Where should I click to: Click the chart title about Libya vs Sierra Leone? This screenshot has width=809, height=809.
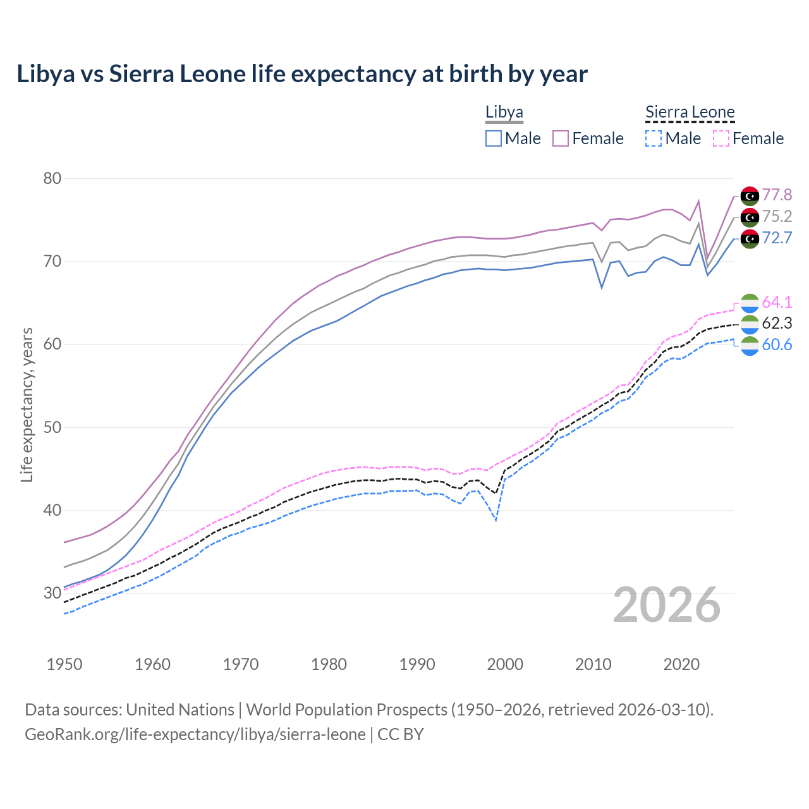(302, 74)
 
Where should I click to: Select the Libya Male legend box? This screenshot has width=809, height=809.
(494, 138)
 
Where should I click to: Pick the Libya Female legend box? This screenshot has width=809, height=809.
(561, 138)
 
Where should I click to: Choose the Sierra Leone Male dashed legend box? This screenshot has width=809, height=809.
(654, 138)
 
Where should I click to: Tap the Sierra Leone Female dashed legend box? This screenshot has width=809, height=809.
(721, 138)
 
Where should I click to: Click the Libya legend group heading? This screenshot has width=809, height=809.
(504, 113)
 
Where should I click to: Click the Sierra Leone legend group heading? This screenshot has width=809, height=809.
(690, 113)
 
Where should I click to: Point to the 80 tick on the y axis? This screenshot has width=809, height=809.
(52, 179)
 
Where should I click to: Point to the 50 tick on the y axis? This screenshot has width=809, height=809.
(52, 428)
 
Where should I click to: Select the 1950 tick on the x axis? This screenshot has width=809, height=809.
(64, 664)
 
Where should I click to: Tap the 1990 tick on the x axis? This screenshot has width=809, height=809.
(417, 664)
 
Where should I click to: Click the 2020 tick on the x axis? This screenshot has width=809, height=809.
(681, 664)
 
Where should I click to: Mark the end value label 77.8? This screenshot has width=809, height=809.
(777, 195)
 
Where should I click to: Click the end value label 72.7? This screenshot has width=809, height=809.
(777, 238)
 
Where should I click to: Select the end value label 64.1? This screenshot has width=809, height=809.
(777, 303)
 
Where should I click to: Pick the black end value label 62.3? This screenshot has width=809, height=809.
(777, 324)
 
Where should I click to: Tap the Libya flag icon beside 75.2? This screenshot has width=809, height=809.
(750, 217)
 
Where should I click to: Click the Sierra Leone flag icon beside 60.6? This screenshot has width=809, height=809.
(750, 346)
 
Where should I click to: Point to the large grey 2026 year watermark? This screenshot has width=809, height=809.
(666, 605)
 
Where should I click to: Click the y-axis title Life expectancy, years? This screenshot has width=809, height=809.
(27, 404)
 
